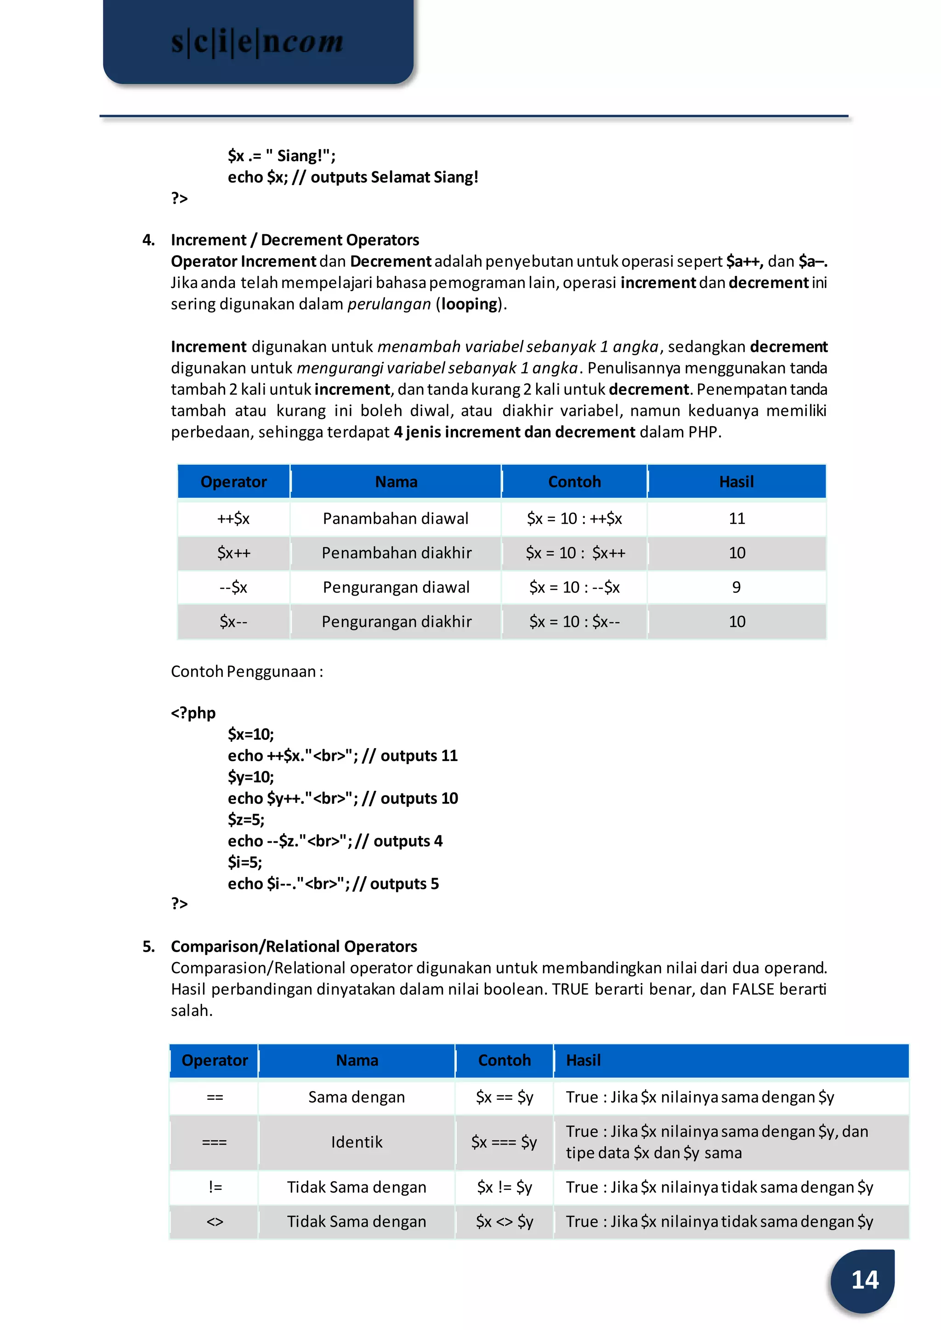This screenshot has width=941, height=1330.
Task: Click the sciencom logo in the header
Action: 257,42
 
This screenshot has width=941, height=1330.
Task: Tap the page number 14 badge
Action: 864,1279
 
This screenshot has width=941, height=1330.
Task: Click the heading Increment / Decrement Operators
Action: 295,240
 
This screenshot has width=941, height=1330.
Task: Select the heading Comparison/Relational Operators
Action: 293,946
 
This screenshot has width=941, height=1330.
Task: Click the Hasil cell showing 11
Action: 737,518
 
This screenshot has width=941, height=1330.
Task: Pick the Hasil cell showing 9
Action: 737,587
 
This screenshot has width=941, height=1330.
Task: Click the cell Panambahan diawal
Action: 396,518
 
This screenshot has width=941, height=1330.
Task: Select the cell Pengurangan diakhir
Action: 397,621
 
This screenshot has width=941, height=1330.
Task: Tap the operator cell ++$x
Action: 233,518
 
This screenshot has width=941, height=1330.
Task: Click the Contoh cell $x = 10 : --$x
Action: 574,587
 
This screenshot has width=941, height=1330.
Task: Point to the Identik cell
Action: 357,1142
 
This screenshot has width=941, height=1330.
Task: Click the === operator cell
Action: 215,1142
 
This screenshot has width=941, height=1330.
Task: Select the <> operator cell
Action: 215,1221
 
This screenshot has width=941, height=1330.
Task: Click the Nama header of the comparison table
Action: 357,1060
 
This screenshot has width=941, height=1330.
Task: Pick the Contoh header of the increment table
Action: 574,481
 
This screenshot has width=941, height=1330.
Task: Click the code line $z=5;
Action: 246,820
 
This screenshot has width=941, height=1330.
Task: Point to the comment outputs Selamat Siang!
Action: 394,177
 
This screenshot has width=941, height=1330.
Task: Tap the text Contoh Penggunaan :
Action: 247,671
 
